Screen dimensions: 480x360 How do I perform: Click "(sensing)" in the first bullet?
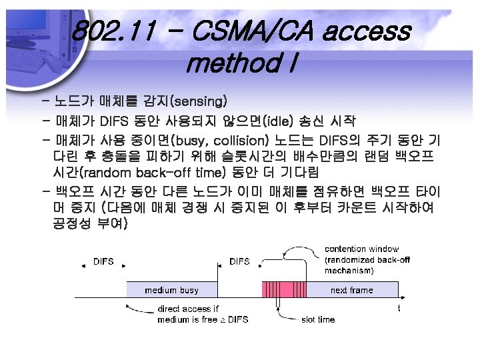(199, 102)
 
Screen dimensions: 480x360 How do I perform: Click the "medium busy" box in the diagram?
(171, 290)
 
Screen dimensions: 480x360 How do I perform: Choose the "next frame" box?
(352, 290)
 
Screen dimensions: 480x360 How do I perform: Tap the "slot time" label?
(318, 320)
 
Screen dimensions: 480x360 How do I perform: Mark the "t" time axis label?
(399, 308)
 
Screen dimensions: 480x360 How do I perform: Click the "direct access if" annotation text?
(188, 309)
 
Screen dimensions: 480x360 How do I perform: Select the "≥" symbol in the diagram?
(223, 320)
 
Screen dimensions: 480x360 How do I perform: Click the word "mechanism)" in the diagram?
(349, 271)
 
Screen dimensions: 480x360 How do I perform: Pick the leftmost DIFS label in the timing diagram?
(103, 261)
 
